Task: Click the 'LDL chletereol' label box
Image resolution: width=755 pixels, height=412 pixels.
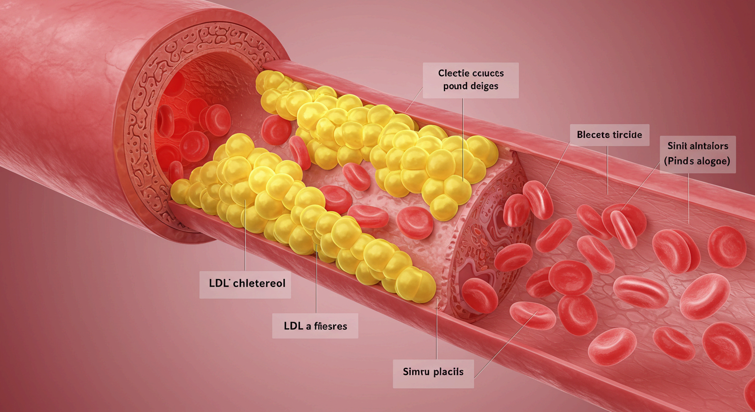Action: pyautogui.click(x=246, y=284)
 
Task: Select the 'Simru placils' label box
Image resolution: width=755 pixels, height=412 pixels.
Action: pyautogui.click(x=433, y=371)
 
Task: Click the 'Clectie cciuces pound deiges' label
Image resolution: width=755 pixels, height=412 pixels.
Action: pyautogui.click(x=470, y=79)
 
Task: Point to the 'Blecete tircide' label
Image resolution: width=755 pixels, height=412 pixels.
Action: pyautogui.click(x=609, y=134)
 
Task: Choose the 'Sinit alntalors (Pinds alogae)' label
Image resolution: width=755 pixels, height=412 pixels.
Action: pyautogui.click(x=698, y=153)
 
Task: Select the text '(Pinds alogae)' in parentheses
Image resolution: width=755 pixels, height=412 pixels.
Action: pyautogui.click(x=698, y=161)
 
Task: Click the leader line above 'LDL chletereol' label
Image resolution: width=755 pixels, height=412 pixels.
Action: pyautogui.click(x=245, y=241)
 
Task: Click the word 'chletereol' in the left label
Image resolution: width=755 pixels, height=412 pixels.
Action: pyautogui.click(x=257, y=284)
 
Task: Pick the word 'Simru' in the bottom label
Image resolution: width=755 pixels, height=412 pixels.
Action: pyautogui.click(x=415, y=371)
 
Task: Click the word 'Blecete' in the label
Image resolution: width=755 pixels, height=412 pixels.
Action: pyautogui.click(x=592, y=134)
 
